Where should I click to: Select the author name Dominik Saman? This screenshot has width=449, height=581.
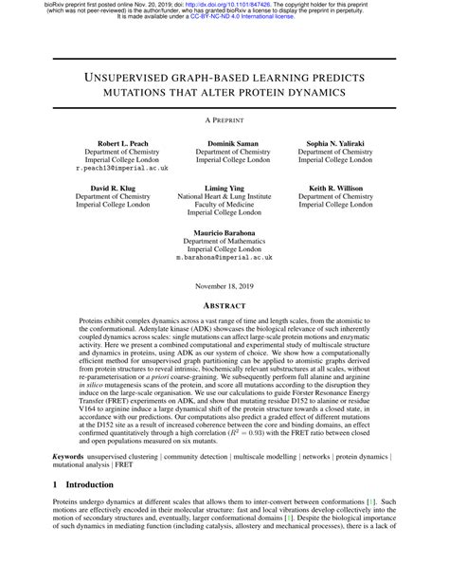click(224, 141)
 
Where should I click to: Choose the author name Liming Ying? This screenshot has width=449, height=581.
click(224, 188)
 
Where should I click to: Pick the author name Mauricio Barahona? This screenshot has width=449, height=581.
click(224, 234)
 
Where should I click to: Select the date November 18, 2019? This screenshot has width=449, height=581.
click(224, 286)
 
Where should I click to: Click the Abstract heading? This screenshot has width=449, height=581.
click(224, 306)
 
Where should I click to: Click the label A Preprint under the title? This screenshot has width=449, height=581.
click(224, 120)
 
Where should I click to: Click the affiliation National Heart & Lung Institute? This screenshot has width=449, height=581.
click(224, 197)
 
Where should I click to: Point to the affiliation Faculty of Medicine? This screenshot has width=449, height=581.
click(224, 207)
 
